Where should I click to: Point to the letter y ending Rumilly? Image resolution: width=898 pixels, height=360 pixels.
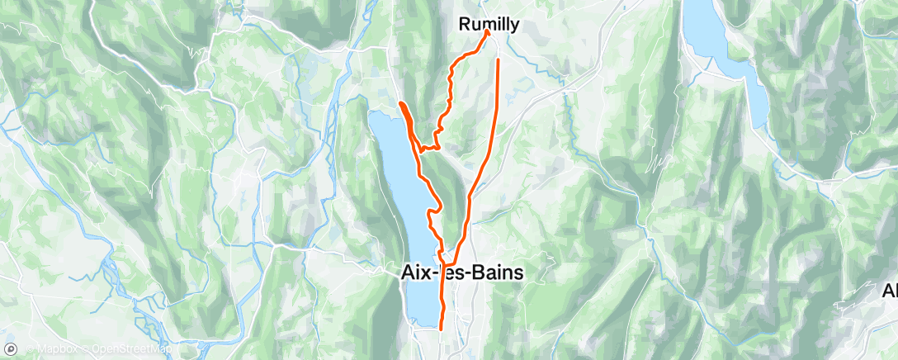[515, 26]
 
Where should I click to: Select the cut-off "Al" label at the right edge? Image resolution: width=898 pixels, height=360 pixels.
[889, 291]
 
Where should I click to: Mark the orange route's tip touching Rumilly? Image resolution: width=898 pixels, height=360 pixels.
[488, 33]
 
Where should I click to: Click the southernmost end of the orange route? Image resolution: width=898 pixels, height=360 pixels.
[442, 328]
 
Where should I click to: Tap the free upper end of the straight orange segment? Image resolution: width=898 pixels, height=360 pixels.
[499, 61]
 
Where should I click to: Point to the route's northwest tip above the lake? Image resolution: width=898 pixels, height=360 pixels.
[400, 102]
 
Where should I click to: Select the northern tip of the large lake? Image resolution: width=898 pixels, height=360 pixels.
[376, 114]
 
